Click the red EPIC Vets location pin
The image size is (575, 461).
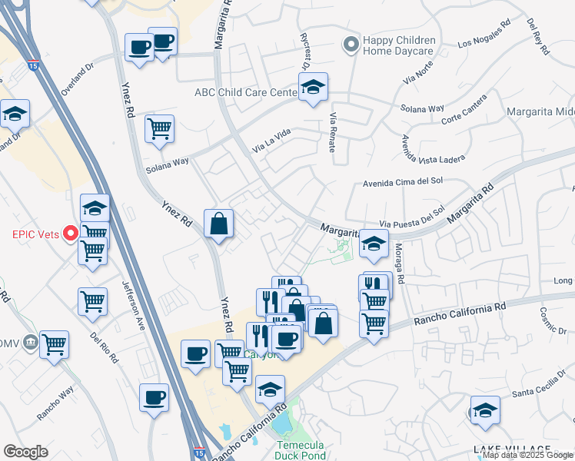(71, 233)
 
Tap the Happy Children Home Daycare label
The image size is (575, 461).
(399, 46)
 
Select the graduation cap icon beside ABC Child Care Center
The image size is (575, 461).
(313, 91)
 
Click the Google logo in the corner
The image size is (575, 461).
(25, 452)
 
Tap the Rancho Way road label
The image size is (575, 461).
(56, 403)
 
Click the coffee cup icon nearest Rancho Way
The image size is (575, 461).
(155, 398)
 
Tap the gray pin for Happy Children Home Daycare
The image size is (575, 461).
(351, 45)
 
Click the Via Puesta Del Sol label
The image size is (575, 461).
(412, 214)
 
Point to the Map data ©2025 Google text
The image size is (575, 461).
(527, 455)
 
